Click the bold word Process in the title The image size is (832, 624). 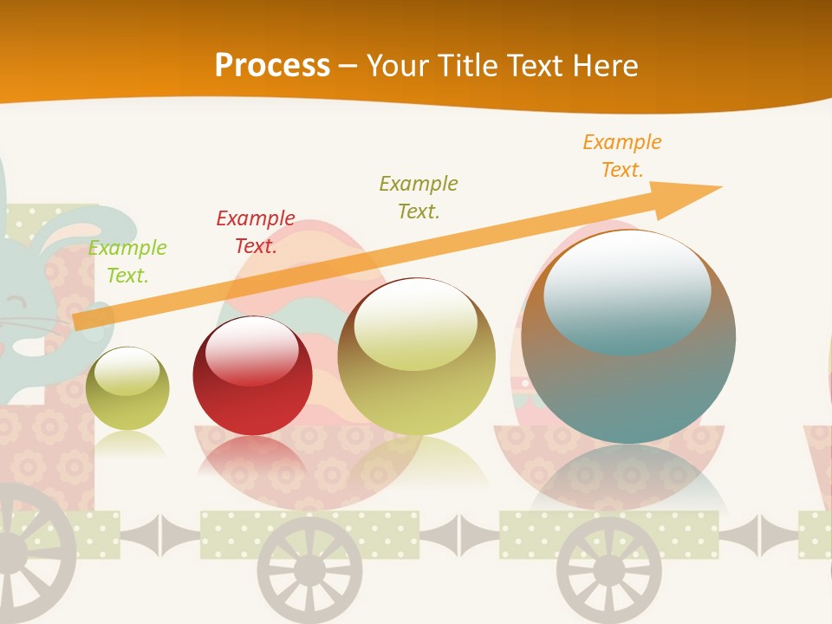point(272,66)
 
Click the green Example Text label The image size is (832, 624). point(127,262)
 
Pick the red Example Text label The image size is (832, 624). point(256,232)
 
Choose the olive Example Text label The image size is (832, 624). point(419,198)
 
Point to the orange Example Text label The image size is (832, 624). point(622,156)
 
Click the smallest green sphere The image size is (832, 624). point(127,388)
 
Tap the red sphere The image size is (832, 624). point(252,376)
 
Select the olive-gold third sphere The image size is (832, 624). point(417,356)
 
